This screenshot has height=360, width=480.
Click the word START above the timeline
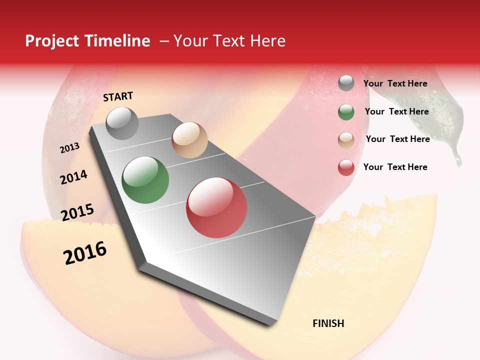click(118, 96)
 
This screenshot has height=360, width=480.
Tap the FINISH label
click(328, 323)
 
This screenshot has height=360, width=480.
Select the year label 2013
click(69, 147)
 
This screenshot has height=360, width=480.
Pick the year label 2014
click(73, 177)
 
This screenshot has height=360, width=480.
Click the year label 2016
click(85, 252)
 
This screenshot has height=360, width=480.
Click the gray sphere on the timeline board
click(122, 123)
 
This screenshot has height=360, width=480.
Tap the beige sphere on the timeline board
click(189, 140)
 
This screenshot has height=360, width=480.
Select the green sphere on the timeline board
click(145, 180)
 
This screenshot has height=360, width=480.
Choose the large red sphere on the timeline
click(216, 207)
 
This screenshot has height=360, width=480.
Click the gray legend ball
click(345, 83)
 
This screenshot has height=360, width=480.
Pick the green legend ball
click(345, 112)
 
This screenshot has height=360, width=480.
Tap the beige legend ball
click(345, 140)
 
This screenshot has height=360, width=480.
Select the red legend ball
click(345, 167)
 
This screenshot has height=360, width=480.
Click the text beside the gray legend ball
click(395, 83)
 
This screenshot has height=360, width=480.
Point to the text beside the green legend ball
click(396, 111)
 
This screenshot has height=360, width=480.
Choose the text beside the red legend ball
click(395, 167)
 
